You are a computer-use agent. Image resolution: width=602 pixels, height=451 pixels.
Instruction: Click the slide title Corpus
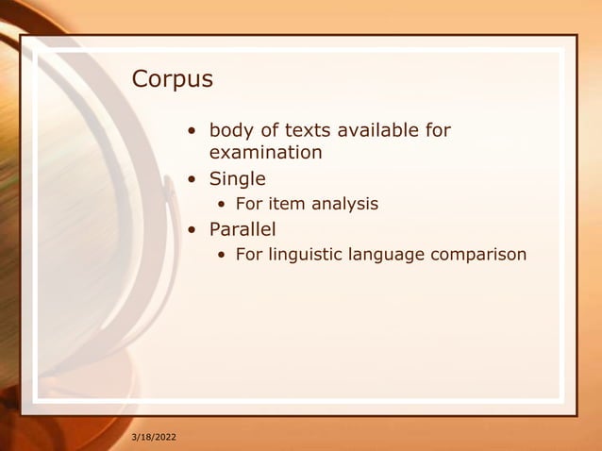point(173,79)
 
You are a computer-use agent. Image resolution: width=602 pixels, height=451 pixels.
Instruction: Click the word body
point(231,130)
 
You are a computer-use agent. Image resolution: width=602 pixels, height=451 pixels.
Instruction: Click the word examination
point(265,153)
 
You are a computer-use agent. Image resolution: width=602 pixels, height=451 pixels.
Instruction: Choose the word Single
point(237,178)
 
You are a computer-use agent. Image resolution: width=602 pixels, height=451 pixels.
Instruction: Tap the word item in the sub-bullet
point(287,204)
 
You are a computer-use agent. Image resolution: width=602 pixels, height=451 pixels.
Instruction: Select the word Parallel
point(242,229)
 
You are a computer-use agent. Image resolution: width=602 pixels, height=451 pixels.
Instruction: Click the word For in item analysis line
point(249,204)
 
